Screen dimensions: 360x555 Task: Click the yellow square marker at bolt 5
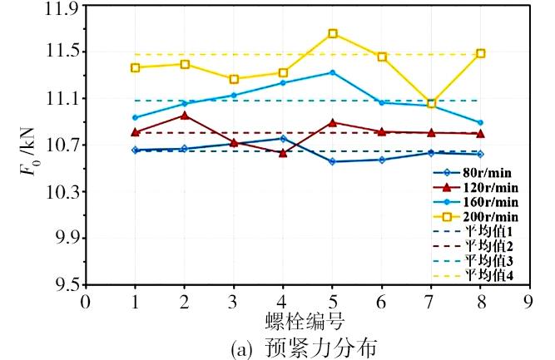pyautogui.click(x=332, y=33)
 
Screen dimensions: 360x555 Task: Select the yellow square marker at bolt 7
pyautogui.click(x=431, y=104)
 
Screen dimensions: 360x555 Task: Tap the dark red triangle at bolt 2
pyautogui.click(x=184, y=116)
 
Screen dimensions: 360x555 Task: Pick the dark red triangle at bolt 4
pyautogui.click(x=283, y=153)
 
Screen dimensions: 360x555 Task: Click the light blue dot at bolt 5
pyautogui.click(x=332, y=72)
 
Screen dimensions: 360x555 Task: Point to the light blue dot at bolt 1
pyautogui.click(x=135, y=117)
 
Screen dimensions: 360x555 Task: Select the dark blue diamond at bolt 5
pyautogui.click(x=332, y=161)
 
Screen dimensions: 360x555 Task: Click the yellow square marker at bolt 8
pyautogui.click(x=480, y=53)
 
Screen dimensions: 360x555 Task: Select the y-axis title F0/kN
pyautogui.click(x=26, y=146)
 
